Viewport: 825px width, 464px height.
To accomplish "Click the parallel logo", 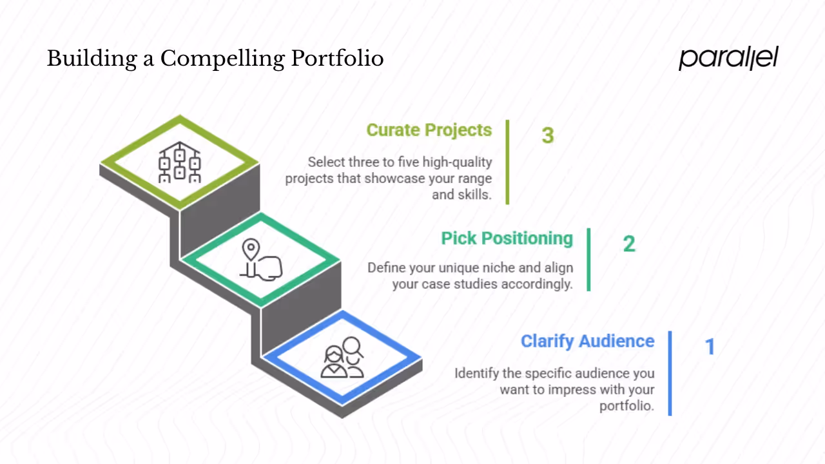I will click(728, 58).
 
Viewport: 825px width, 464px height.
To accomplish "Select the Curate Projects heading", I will click(429, 130).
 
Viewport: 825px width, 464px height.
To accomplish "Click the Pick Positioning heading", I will click(507, 238).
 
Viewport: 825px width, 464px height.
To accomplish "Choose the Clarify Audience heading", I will click(587, 342).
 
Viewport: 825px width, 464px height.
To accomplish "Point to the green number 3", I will click(547, 135).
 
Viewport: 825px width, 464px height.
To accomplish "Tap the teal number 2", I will click(628, 244).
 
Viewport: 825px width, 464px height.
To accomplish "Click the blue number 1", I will click(710, 347).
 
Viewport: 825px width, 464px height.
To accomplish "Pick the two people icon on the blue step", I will click(343, 358).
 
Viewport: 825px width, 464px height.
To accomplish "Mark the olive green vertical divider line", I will click(507, 162).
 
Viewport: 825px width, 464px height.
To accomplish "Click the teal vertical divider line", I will click(588, 259).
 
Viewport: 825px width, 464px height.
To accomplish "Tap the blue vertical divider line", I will click(670, 373).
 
